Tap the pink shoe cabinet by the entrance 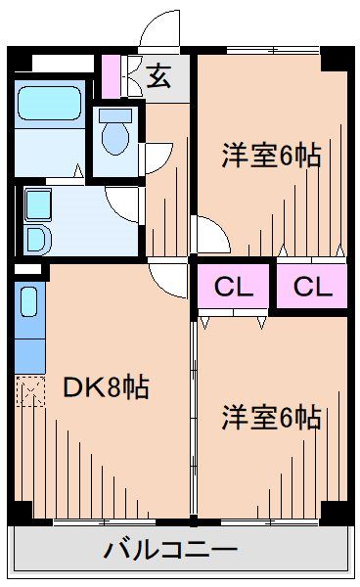[111, 74]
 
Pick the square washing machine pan [38, 205]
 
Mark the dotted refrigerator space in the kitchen [30, 393]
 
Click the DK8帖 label [106, 388]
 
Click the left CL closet [234, 288]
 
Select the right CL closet [311, 288]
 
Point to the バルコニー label [170, 550]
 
